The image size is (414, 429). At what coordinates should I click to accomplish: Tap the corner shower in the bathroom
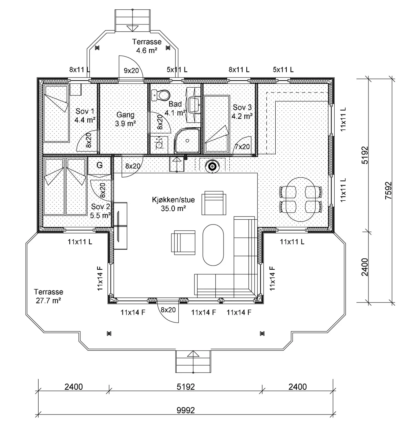(187, 140)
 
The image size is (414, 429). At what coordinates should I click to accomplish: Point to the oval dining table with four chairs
(300, 199)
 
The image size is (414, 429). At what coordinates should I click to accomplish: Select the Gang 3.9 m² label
(125, 119)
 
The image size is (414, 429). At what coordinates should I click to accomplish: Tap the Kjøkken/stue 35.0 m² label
(174, 204)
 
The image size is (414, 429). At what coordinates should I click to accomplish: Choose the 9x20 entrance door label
(131, 71)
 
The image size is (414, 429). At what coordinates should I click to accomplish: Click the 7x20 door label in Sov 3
(242, 147)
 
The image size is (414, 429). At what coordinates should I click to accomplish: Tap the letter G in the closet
(99, 165)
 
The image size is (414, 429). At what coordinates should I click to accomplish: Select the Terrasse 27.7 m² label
(49, 296)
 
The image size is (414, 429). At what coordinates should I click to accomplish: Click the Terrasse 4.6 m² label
(147, 46)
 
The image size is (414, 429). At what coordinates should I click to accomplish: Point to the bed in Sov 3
(217, 124)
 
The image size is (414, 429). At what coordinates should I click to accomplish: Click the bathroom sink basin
(195, 104)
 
